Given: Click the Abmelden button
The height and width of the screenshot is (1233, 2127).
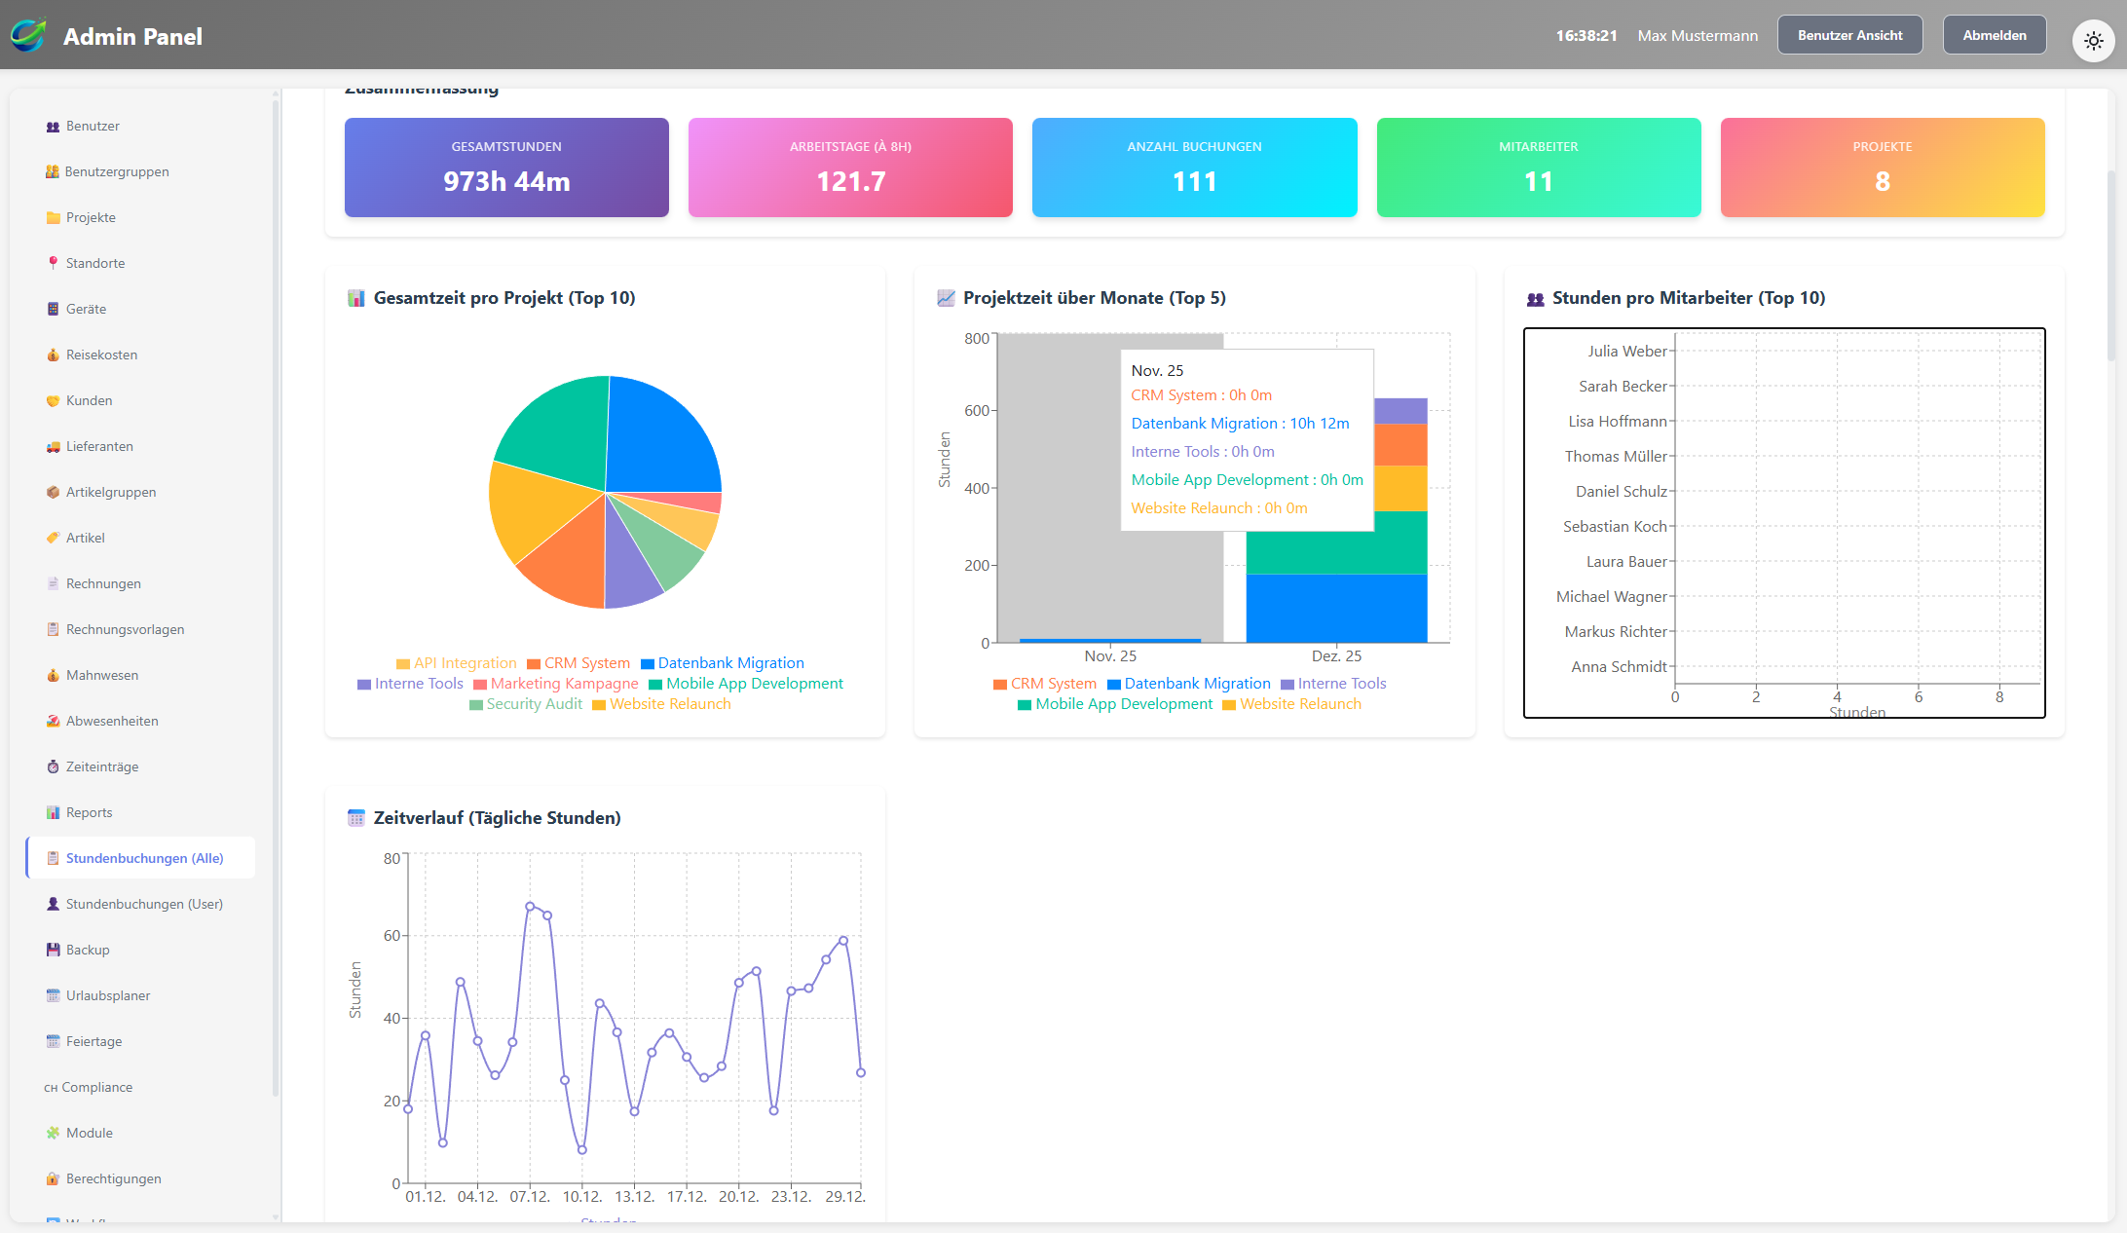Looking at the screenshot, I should click(x=1994, y=35).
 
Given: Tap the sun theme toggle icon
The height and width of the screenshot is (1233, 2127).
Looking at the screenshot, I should click(x=2093, y=41).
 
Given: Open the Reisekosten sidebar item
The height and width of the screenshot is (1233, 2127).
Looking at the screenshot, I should click(x=101, y=355).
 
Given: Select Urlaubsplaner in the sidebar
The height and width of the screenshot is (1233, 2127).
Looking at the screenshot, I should click(x=107, y=995).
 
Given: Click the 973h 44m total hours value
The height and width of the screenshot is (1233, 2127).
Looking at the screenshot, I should click(x=506, y=181).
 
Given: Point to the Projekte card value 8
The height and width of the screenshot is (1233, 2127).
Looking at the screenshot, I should click(x=1882, y=181).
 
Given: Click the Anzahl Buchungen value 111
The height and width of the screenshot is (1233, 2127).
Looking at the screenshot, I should click(x=1194, y=181).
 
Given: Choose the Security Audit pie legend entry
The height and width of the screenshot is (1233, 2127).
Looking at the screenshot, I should click(x=534, y=704).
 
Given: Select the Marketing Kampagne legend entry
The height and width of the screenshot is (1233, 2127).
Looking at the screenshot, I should click(x=564, y=684).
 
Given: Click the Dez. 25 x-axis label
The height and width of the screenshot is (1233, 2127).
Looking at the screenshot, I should click(x=1336, y=656).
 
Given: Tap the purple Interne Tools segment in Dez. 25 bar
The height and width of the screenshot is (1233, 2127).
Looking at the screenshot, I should click(x=1400, y=411).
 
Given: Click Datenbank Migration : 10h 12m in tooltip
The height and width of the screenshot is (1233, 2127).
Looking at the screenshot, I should click(x=1240, y=424).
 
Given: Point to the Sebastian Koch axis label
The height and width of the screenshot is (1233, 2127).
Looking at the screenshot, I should click(x=1615, y=527).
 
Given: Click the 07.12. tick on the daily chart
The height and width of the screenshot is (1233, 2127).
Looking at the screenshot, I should click(x=530, y=1196).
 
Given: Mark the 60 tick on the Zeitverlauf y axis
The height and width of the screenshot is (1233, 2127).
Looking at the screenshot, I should click(x=392, y=936).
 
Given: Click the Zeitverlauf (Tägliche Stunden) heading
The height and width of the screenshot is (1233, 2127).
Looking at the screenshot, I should click(x=497, y=818).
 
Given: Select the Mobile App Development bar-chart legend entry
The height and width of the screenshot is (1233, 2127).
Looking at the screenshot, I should click(x=1124, y=704).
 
